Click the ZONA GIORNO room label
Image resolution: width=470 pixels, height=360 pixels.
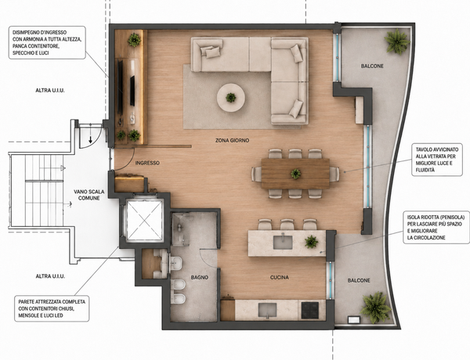[232, 140]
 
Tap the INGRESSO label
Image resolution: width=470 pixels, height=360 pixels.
[147, 163]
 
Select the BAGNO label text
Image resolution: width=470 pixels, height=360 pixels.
[199, 277]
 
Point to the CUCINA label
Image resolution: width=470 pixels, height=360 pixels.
[280, 277]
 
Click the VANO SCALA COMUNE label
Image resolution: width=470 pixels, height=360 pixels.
[89, 195]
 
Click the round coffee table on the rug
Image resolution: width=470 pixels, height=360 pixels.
[231, 98]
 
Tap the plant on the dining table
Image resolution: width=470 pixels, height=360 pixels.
[295, 174]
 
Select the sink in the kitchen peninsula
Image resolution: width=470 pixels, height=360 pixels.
[283, 242]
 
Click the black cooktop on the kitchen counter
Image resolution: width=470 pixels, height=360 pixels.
[310, 310]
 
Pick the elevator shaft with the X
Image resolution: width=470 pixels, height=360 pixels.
[144, 220]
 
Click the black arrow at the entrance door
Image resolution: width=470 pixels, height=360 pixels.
[90, 139]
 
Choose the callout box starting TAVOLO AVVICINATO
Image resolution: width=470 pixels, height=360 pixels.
[437, 160]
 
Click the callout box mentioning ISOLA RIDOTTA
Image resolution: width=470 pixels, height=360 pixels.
[436, 227]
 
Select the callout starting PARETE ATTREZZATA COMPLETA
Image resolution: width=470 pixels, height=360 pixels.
[52, 308]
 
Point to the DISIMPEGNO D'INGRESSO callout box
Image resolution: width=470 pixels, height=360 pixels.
[47, 42]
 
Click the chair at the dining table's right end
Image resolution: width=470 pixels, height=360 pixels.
[334, 174]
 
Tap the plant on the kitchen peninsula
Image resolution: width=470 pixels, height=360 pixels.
[312, 242]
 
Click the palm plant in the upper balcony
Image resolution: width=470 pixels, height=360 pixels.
[397, 41]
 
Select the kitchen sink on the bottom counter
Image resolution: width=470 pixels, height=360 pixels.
[268, 310]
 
